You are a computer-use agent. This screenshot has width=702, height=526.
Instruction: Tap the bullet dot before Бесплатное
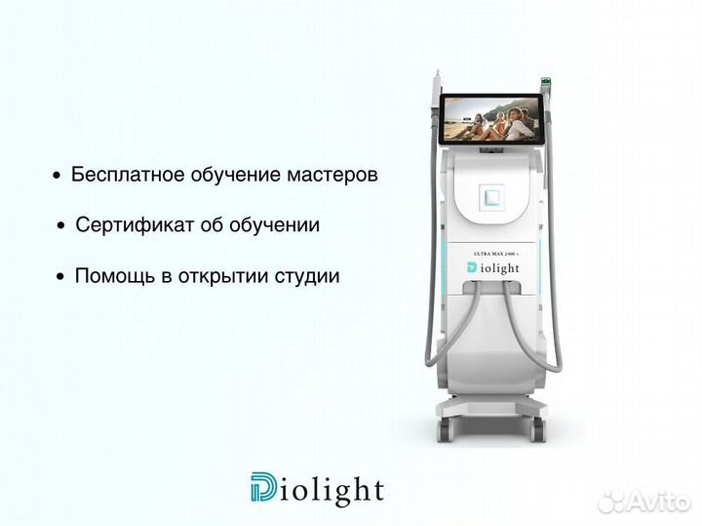coord(57,177)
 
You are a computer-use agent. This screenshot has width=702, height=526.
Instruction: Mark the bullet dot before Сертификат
coord(61,226)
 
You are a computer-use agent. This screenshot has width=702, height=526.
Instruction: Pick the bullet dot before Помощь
coord(61,277)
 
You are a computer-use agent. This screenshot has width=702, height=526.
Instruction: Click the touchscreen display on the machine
coord(490,118)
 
